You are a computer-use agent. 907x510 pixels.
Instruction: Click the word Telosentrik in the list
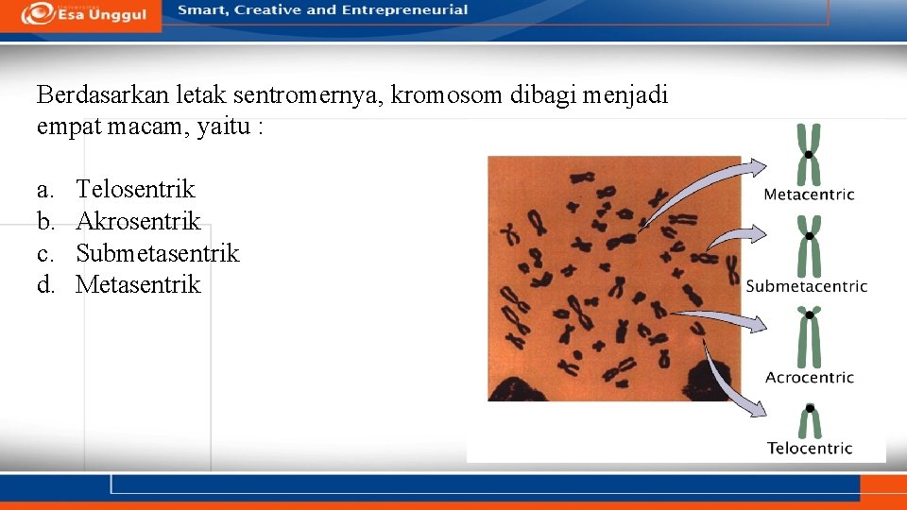coord(135,189)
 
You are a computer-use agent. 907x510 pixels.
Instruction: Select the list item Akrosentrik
coord(138,221)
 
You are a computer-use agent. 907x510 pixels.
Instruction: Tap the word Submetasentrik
coord(158,253)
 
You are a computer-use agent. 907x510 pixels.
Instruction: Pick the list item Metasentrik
coord(138,284)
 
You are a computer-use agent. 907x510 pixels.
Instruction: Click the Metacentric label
coord(809,195)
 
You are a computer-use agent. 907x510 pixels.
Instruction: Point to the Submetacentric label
coord(807,286)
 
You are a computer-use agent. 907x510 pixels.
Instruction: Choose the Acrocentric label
coord(809,378)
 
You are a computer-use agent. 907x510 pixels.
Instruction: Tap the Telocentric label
coord(809,449)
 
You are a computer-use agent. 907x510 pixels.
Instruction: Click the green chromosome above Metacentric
coord(809,154)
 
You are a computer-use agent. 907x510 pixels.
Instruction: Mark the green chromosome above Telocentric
coord(810,421)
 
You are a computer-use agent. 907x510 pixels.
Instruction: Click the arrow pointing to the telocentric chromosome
coord(727,382)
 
